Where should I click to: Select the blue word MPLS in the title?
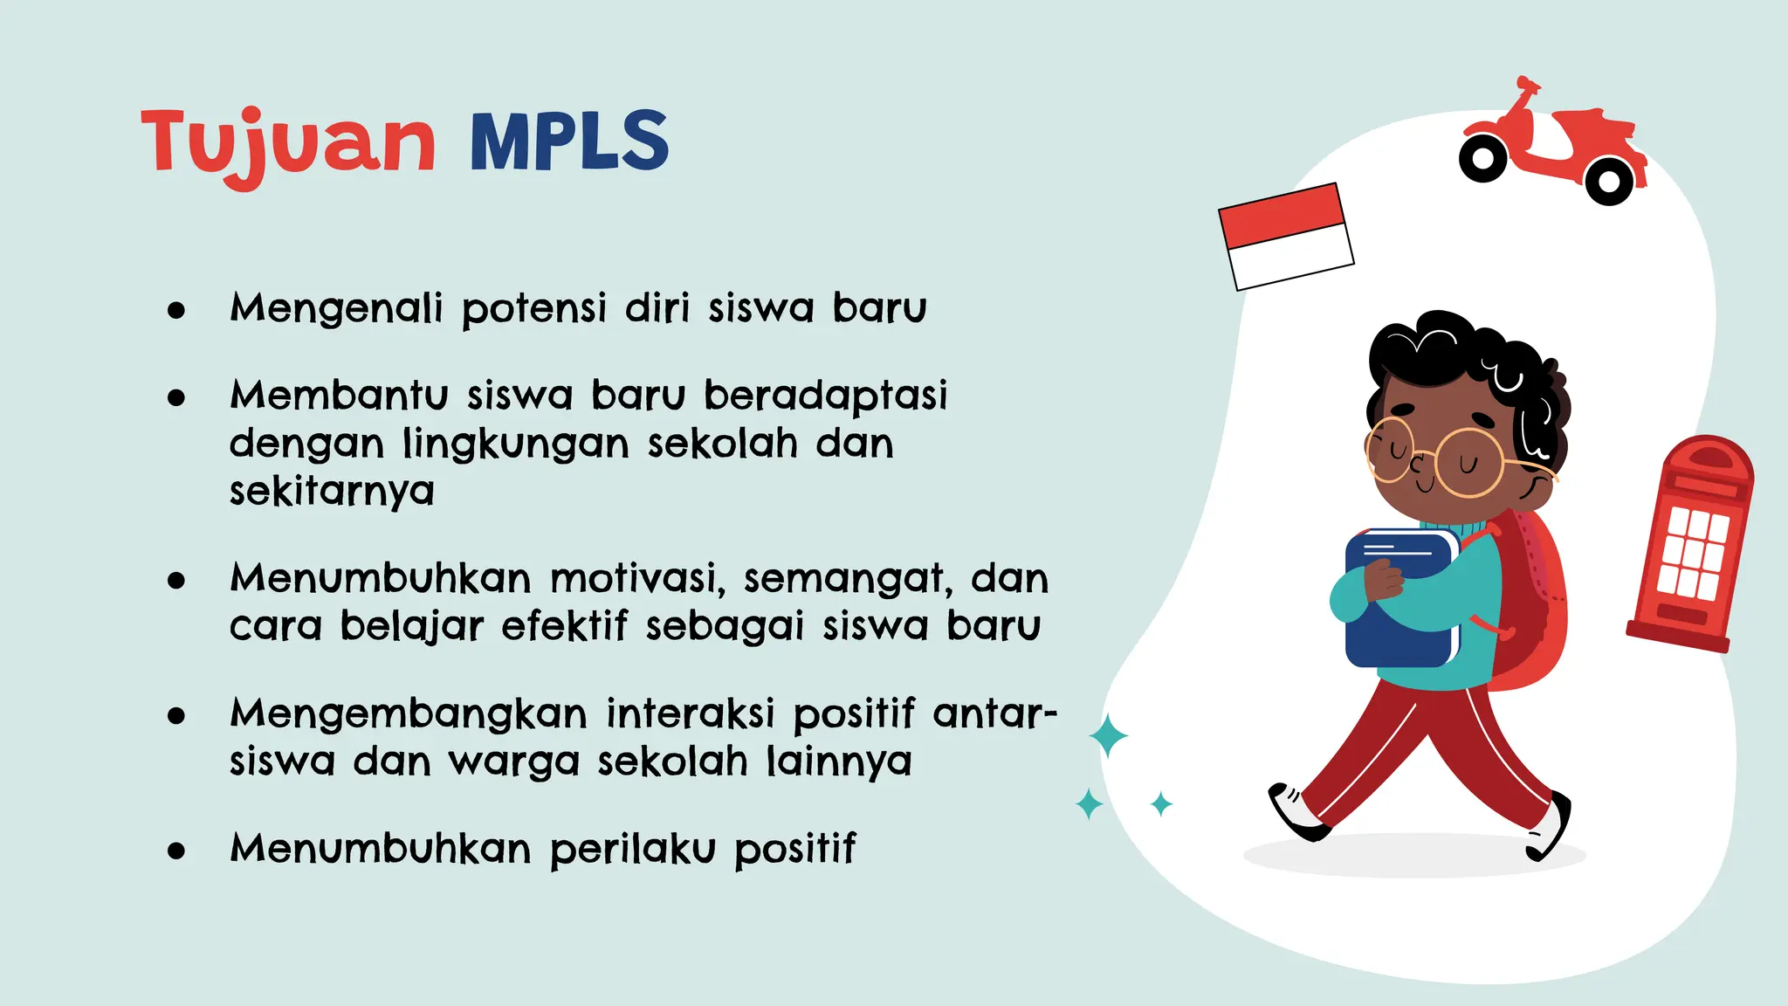coord(569,141)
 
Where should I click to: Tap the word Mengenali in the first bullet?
coord(336,308)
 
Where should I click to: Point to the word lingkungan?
coord(515,445)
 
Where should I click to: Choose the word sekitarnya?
coord(332,493)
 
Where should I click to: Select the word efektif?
coord(564,626)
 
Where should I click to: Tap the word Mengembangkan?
coord(408,714)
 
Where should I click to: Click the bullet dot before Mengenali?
coord(176,310)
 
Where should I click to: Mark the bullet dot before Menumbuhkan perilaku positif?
coord(176,851)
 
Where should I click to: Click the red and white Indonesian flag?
coord(1286,236)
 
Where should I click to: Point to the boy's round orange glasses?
coord(1441,458)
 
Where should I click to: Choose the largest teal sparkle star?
coord(1108,735)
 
